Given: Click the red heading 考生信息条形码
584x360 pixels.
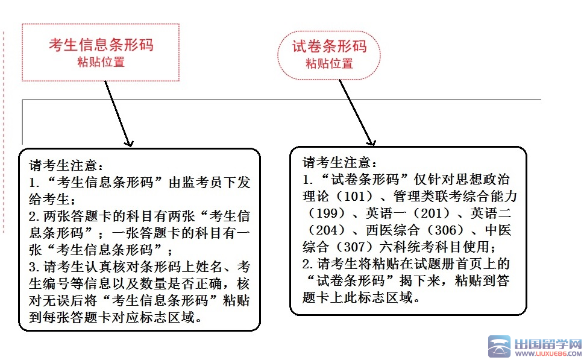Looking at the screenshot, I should coord(101,45).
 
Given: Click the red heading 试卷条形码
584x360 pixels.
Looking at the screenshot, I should coord(328,46).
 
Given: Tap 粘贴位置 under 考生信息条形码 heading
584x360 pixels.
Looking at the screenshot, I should coord(101,62).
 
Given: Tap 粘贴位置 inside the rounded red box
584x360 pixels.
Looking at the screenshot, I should coord(328,63).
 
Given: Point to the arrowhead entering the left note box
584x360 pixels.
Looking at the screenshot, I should coord(128,143).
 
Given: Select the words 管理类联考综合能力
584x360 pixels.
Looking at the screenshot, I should coord(456,197).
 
